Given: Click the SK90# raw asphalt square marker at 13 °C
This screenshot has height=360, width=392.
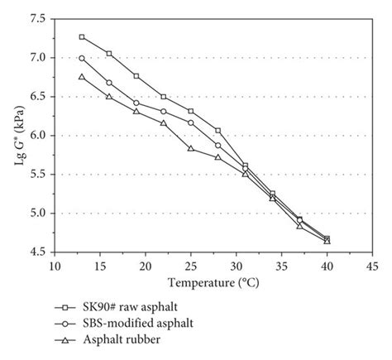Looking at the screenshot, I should pyautogui.click(x=82, y=36).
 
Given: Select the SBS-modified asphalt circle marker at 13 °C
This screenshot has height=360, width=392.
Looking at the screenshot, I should pyautogui.click(x=82, y=58).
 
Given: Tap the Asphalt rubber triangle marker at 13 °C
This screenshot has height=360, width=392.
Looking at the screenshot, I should pyautogui.click(x=82, y=77).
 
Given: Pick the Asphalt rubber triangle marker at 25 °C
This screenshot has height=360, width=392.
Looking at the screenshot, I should pyautogui.click(x=191, y=148).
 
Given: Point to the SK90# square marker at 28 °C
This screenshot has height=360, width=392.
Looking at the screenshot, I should pyautogui.click(x=218, y=130).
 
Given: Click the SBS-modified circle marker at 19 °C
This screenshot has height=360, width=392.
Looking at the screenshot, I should pyautogui.click(x=136, y=103).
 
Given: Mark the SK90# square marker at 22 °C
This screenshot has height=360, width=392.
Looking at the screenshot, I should pyautogui.click(x=164, y=97).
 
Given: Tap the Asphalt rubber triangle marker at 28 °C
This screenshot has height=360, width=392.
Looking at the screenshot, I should pyautogui.click(x=218, y=157).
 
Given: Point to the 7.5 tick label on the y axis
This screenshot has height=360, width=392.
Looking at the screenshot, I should pyautogui.click(x=37, y=18).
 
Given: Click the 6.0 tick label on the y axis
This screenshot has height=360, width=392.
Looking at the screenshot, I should pyautogui.click(x=37, y=135).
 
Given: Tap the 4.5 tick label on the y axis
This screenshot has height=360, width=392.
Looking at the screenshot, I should pyautogui.click(x=37, y=252).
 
